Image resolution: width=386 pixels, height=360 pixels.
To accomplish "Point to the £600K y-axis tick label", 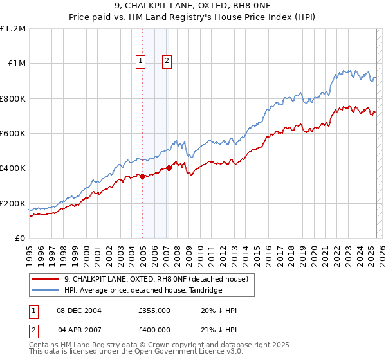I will point(14,133).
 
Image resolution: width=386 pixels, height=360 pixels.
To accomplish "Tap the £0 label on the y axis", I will point(21,238).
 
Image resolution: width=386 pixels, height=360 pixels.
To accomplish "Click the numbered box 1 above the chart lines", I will point(140,61).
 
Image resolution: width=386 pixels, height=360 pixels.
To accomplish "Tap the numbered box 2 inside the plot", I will point(167,61).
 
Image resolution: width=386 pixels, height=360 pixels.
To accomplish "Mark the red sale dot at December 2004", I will point(142,176).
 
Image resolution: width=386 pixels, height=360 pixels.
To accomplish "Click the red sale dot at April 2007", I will point(169,168).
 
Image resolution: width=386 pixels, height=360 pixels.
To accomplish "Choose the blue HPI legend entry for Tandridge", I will point(143,291).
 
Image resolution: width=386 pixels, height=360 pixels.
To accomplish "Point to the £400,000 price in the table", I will point(154,329).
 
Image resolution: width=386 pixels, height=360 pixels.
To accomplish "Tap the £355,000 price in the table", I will point(154,310).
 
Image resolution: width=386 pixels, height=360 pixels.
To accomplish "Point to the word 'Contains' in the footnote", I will point(45,345).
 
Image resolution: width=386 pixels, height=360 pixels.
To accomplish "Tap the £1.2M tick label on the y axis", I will point(14,28).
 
